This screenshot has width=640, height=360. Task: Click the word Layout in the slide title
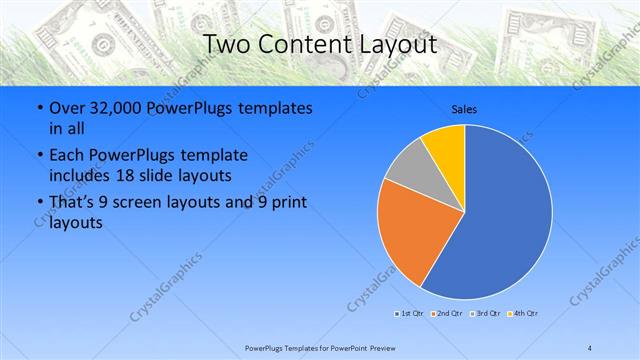coord(394,45)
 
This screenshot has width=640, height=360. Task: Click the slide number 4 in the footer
coord(590,347)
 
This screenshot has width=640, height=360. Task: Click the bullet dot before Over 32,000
coord(37,108)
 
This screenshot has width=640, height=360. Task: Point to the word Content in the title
coord(303,45)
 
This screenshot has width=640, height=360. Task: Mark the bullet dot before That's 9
coord(37,203)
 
